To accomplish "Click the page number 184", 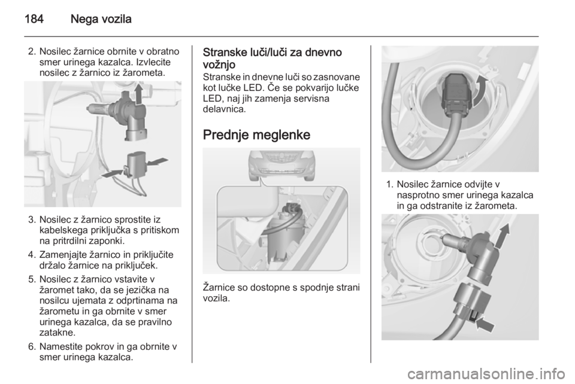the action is click(34, 19).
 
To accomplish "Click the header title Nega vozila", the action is click(101, 19).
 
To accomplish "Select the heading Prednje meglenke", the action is click(256, 135).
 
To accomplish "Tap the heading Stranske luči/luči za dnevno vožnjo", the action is click(273, 58).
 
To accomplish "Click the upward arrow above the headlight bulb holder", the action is click(138, 94).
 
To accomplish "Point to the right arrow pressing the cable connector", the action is click(157, 161).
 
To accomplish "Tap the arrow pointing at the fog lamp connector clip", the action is click(484, 324).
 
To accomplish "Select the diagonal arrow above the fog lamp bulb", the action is click(504, 236).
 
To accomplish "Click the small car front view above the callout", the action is click(282, 164).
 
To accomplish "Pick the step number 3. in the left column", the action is click(32, 220).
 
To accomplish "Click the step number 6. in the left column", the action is click(32, 346).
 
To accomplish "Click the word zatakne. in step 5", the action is click(57, 333).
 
